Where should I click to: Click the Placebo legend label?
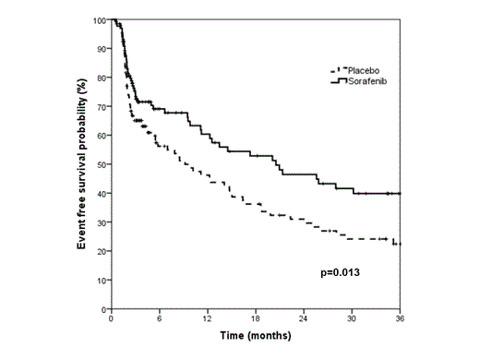click(x=367, y=70)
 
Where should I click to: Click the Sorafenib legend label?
click(x=370, y=80)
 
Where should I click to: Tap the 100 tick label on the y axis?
click(x=98, y=20)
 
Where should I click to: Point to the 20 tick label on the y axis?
click(x=100, y=251)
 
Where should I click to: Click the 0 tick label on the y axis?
click(x=102, y=308)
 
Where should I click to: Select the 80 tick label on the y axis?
click(x=100, y=78)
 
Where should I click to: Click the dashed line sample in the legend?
click(x=337, y=70)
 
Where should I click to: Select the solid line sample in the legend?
click(x=337, y=80)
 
